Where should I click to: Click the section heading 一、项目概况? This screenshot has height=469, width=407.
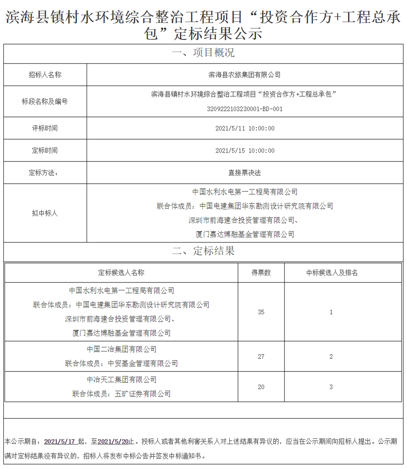point(203,53)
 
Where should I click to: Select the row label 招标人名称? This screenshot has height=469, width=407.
point(45,75)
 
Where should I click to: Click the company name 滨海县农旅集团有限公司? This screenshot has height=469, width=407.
point(245,75)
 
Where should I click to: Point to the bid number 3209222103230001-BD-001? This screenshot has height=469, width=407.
point(245,109)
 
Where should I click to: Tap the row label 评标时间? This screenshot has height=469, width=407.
point(45,128)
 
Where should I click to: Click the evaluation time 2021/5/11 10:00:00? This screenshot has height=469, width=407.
point(245,128)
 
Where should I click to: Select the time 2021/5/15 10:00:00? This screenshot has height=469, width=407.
point(245,151)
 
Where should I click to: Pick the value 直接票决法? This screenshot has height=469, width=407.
point(245,173)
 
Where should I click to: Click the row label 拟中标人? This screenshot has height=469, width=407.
point(45,213)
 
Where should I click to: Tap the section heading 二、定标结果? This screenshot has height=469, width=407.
point(203,251)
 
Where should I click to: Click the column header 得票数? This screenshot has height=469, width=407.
point(261,273)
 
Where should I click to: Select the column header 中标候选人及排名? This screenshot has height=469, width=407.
point(331,273)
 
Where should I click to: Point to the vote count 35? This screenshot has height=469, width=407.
point(261,312)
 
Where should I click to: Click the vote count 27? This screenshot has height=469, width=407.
point(261,357)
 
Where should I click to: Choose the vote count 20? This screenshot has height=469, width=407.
point(261,387)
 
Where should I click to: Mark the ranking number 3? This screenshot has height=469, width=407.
point(331,387)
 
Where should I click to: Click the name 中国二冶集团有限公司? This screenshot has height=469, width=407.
point(121,349)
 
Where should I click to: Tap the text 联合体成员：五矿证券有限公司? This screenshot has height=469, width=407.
point(121,394)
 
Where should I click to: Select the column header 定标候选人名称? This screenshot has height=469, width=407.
point(121,273)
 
